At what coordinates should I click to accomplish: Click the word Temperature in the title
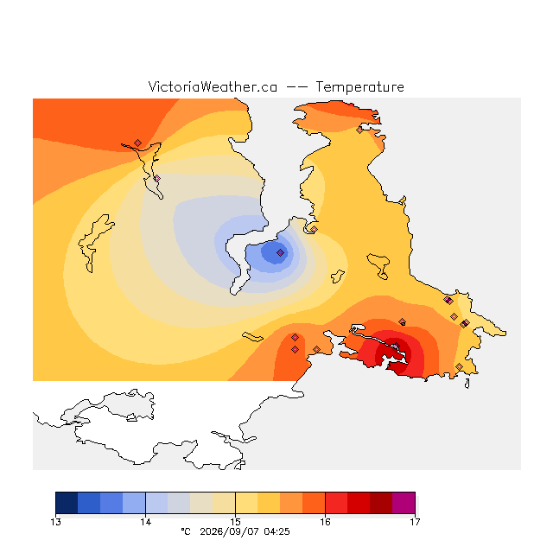(x=359, y=87)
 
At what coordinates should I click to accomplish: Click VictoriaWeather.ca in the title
(x=213, y=87)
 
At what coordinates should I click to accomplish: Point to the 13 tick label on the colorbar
(x=55, y=522)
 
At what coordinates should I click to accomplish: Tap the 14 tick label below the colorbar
(x=146, y=522)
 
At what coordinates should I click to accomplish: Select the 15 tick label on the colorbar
(x=235, y=522)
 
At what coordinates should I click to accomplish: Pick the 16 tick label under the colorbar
(x=325, y=522)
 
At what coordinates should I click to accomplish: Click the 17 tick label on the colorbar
(x=415, y=522)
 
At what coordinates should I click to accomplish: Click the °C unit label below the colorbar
(x=186, y=531)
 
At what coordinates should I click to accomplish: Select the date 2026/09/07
(x=229, y=531)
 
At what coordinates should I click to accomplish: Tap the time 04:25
(x=276, y=531)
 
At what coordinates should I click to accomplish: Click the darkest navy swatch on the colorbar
(x=67, y=503)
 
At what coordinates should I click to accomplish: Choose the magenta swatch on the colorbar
(x=404, y=503)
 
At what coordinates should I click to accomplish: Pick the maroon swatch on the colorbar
(x=381, y=503)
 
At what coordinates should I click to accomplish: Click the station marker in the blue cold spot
(x=280, y=252)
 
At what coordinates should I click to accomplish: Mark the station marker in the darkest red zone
(x=397, y=346)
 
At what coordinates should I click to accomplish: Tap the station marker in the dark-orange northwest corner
(x=138, y=143)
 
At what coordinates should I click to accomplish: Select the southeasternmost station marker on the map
(x=459, y=366)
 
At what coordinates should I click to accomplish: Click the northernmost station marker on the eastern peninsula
(x=359, y=130)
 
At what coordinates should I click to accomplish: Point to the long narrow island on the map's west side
(x=95, y=243)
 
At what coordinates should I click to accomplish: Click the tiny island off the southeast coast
(x=467, y=384)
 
